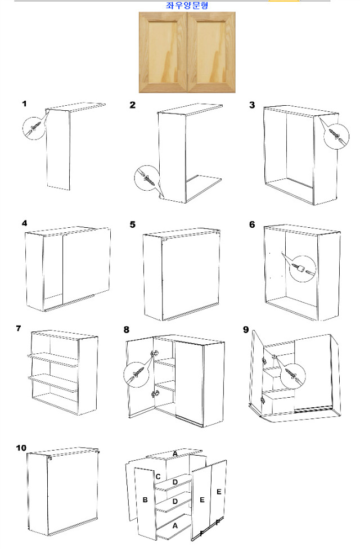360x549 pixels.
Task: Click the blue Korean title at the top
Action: tap(187, 5)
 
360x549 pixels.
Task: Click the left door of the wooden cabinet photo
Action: tap(163, 52)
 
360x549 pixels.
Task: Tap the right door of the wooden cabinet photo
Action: tap(211, 52)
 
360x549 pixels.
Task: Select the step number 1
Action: tap(24, 103)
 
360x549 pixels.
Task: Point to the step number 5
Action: tap(132, 224)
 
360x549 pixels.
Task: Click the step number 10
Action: tap(21, 448)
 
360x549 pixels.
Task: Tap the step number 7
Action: tap(19, 328)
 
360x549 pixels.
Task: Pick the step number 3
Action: tap(252, 105)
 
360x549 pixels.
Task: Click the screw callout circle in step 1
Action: tap(34, 128)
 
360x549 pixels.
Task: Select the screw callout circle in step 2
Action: tap(147, 178)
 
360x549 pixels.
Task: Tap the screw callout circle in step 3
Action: tap(336, 136)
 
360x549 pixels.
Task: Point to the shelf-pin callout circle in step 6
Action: tap(303, 269)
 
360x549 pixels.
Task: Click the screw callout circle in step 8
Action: tap(136, 375)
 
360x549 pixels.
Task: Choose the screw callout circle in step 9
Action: tap(292, 375)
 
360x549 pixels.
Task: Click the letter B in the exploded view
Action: tap(145, 499)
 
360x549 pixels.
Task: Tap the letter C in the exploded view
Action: tap(158, 476)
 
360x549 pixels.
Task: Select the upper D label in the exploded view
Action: tap(175, 482)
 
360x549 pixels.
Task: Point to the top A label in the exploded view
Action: tap(175, 454)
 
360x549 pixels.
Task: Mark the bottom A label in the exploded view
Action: tap(175, 525)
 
